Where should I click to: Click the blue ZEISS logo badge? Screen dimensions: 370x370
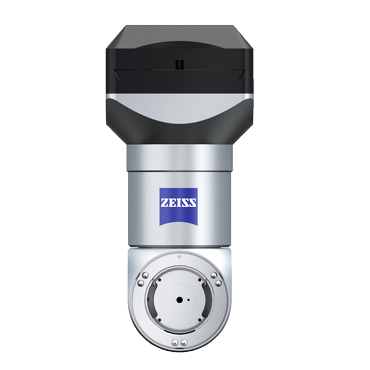pos(179,206)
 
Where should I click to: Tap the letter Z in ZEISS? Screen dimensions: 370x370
pos(165,203)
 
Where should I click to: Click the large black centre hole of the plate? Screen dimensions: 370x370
pos(179,300)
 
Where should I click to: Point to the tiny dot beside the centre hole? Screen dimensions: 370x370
pos(188,300)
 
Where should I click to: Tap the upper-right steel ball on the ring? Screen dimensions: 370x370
pos(214,275)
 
